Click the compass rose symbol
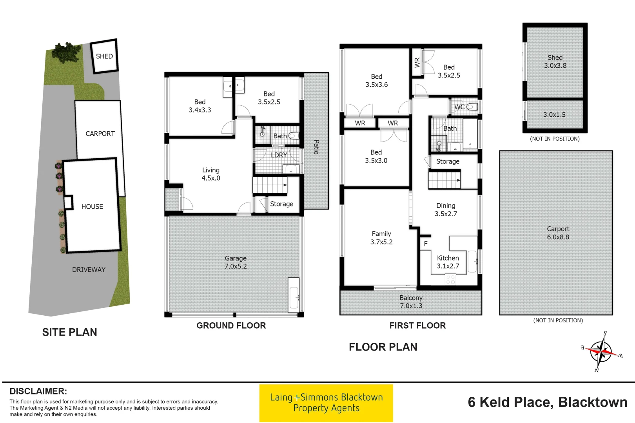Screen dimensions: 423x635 tap(601, 351)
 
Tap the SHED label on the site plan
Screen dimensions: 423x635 tap(104, 56)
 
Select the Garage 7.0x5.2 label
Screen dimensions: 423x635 tap(236, 262)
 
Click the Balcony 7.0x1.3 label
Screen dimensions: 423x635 tap(411, 302)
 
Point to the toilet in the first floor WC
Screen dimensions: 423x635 tap(472, 107)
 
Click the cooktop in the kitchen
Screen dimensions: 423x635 tap(450, 279)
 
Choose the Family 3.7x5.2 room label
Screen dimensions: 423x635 tap(381, 238)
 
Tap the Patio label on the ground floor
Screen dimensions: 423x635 tap(316, 147)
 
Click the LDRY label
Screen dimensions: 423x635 tap(279, 155)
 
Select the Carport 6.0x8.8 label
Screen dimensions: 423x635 tap(558, 233)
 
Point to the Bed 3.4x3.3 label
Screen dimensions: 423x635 tap(200, 106)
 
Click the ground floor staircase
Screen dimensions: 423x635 tap(270, 185)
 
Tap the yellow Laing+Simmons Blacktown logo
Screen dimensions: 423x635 tap(326, 403)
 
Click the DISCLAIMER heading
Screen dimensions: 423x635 tap(38, 391)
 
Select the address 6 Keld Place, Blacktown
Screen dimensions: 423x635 tap(547, 402)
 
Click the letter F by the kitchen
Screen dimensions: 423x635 tap(426, 244)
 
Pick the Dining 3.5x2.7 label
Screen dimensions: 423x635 tap(446, 210)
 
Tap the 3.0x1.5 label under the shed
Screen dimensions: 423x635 tap(554, 115)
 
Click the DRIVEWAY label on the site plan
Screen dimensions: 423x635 tap(89, 269)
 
